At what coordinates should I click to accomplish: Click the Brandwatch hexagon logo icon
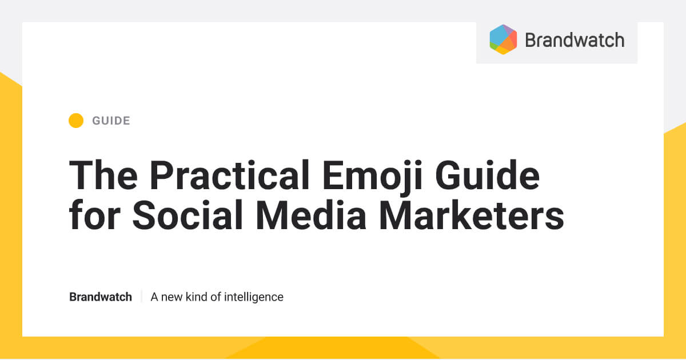pyautogui.click(x=503, y=39)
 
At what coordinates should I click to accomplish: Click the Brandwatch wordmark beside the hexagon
pyautogui.click(x=574, y=40)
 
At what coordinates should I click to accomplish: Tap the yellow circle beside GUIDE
pyautogui.click(x=76, y=121)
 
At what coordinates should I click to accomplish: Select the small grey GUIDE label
pyautogui.click(x=111, y=121)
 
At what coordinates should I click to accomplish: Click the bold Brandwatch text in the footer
pyautogui.click(x=101, y=297)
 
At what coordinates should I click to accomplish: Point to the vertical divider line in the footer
pyautogui.click(x=141, y=297)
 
